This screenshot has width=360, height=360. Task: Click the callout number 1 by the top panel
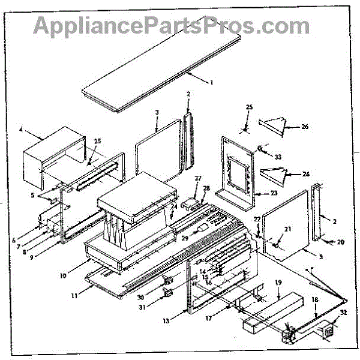pyautogui.click(x=211, y=81)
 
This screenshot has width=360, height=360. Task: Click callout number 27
pyautogui.click(x=197, y=178)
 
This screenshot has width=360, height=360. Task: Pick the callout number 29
pyautogui.click(x=185, y=239)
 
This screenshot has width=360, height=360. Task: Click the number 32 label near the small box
pyautogui.click(x=343, y=313)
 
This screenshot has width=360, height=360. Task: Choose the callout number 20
pyautogui.click(x=340, y=242)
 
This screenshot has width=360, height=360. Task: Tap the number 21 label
pyautogui.click(x=287, y=229)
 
